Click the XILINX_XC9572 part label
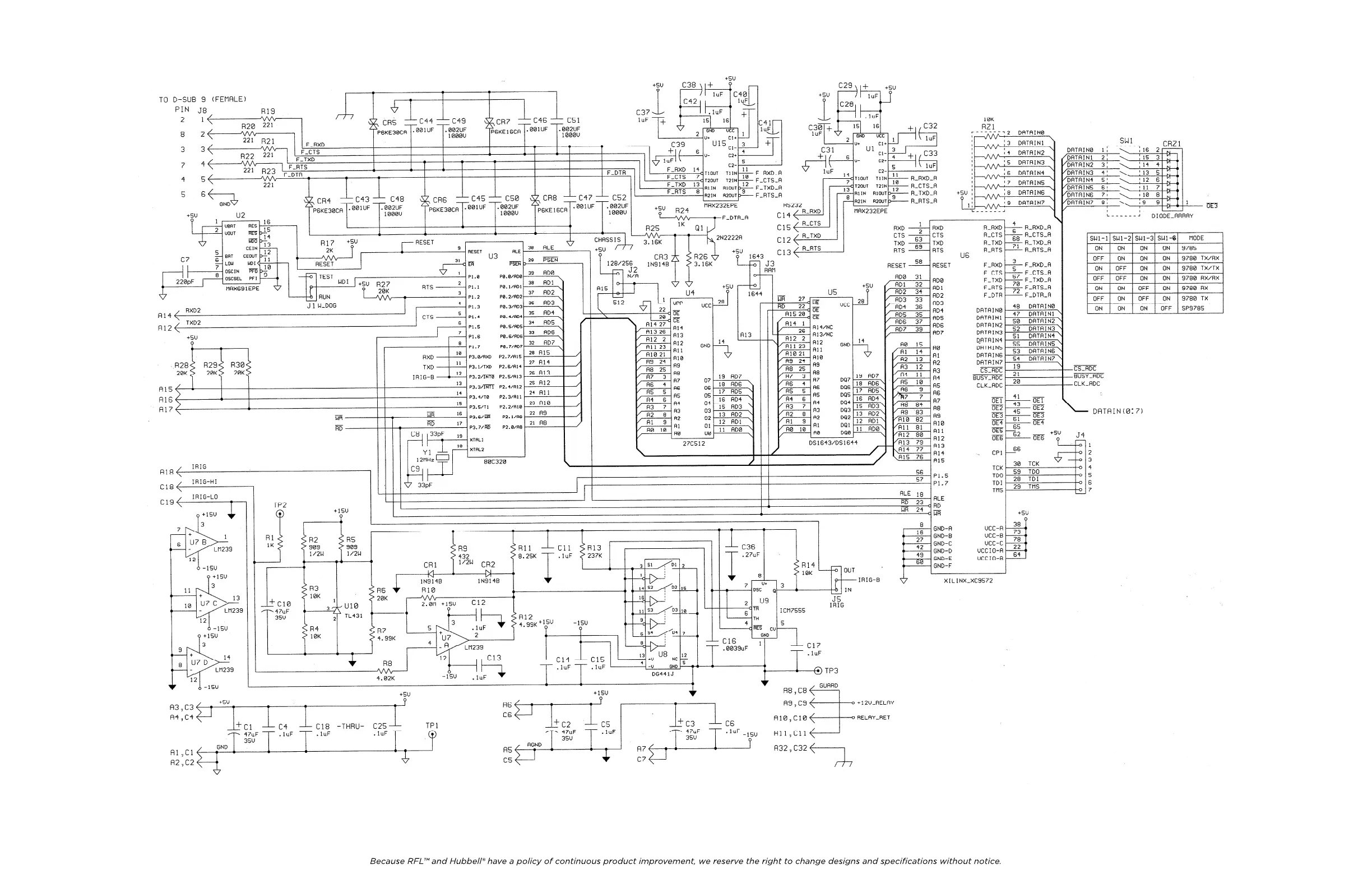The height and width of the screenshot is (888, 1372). tap(968, 581)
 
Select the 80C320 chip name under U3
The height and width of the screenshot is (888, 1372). tap(495, 461)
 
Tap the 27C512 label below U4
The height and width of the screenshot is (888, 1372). tap(693, 443)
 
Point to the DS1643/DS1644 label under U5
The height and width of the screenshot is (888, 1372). tap(832, 443)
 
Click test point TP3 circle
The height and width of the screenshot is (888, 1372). tap(818, 670)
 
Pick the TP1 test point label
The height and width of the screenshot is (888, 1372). tap(432, 725)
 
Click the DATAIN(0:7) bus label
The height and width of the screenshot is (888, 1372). tap(1117, 411)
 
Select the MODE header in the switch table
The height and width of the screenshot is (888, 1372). tap(1196, 238)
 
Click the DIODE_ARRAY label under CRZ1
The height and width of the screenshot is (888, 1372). tap(1172, 216)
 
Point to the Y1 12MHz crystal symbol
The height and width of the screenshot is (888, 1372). tap(442, 457)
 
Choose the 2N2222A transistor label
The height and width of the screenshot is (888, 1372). tap(729, 238)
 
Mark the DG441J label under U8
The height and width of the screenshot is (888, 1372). tap(663, 673)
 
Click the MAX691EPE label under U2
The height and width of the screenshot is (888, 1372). tap(242, 288)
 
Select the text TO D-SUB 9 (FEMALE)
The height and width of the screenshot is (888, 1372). tap(202, 99)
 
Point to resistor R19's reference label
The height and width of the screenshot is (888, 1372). tap(268, 112)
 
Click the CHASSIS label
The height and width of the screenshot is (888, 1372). tap(608, 240)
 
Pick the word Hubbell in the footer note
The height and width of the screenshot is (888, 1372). tap(466, 862)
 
